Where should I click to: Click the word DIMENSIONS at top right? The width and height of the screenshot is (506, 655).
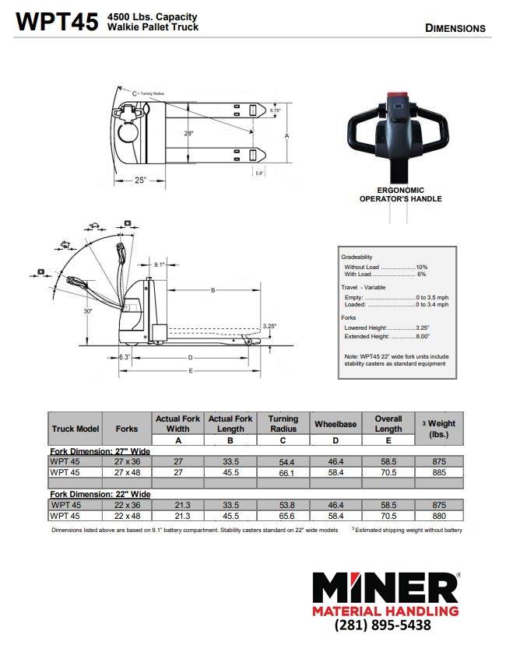point(455,28)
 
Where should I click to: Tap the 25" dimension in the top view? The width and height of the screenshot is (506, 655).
point(140,180)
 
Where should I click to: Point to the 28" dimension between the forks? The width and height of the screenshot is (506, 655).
point(188,134)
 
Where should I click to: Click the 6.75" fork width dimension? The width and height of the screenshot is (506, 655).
point(275,110)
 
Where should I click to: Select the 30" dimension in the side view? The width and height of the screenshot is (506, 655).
point(89,311)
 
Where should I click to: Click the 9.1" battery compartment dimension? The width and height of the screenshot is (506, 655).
point(160,264)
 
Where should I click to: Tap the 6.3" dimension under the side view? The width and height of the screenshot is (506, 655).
point(124,357)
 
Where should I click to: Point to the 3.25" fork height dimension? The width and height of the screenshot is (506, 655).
point(269,325)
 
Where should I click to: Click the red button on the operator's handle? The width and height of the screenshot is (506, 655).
point(397,96)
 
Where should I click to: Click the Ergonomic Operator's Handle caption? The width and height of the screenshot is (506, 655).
point(399,194)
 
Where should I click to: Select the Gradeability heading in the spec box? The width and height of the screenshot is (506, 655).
point(357,257)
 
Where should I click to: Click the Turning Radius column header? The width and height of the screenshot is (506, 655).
point(283,424)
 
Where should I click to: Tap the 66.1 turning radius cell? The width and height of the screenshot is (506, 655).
point(283,472)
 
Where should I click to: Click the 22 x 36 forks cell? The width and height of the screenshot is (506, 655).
point(127,505)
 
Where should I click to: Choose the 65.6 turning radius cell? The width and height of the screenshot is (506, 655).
point(283,516)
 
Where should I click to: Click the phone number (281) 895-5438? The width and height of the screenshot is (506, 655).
point(382,625)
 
